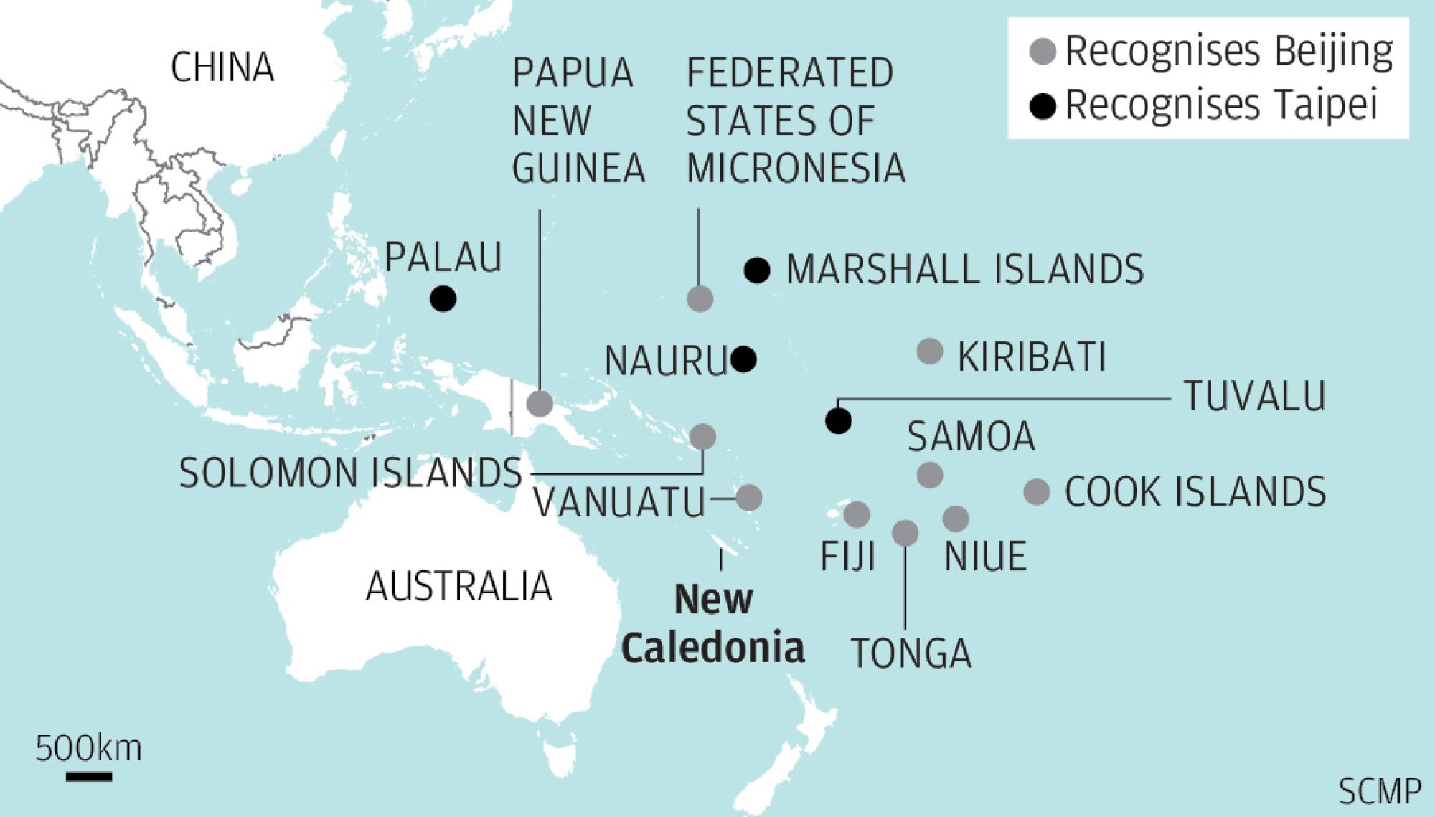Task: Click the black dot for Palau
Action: (443, 298)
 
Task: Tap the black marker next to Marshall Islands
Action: (757, 270)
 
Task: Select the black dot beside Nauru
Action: (743, 359)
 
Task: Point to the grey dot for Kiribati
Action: (930, 351)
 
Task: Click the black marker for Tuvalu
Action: (838, 420)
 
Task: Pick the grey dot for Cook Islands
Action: (1037, 492)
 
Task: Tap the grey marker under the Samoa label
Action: (930, 475)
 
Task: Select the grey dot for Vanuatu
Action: (749, 497)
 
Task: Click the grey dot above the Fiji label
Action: (857, 514)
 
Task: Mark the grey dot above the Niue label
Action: (956, 518)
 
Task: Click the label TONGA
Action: (911, 653)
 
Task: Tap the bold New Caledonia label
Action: (713, 624)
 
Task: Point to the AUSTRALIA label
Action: (459, 586)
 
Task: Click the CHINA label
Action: (222, 67)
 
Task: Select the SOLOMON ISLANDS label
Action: (350, 473)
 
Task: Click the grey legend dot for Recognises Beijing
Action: (1043, 52)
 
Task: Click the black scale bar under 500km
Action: (89, 776)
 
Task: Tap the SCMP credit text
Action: (1379, 792)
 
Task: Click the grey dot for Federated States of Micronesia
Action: (700, 298)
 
